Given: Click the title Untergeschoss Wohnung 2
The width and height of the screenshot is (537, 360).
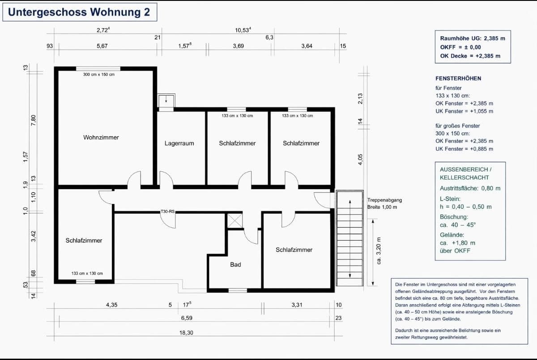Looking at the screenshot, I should (x=79, y=12).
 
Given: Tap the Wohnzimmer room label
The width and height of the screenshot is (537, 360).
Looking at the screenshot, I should (x=101, y=137).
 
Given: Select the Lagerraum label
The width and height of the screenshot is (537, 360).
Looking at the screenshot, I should (x=179, y=143).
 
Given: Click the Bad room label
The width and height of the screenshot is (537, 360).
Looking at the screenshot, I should (x=235, y=265).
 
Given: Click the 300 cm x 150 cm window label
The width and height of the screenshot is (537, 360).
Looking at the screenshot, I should (x=98, y=74).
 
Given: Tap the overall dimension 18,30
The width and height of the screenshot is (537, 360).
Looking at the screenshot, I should (x=187, y=333).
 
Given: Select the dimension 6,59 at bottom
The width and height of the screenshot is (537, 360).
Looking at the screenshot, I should (x=187, y=318).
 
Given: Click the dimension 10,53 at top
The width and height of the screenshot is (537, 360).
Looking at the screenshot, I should (x=243, y=30).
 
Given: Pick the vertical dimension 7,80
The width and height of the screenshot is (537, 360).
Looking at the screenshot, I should (x=33, y=121).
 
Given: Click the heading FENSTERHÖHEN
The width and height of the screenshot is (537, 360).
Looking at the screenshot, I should (x=458, y=78).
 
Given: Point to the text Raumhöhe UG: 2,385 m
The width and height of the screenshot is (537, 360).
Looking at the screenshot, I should (x=473, y=38).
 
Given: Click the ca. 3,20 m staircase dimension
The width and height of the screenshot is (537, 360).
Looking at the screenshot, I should (x=379, y=250).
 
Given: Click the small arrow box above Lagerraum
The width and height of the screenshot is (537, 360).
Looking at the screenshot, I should (x=166, y=99).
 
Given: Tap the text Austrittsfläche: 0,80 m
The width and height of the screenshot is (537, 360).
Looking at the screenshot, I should (x=470, y=188).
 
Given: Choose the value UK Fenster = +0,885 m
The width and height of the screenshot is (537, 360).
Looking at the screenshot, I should (x=464, y=148).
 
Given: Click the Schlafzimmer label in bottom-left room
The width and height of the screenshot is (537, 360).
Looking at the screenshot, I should (x=84, y=241).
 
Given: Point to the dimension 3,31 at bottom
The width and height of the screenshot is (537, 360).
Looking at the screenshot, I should (x=297, y=305).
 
